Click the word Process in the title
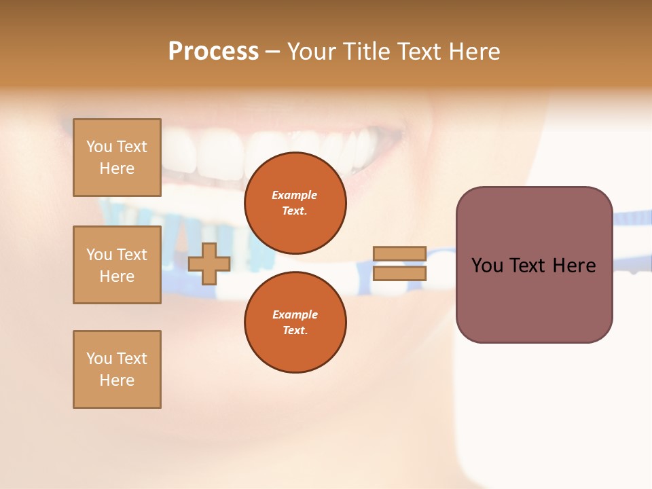[x=213, y=52]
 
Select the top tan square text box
[x=117, y=158]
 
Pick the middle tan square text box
[x=117, y=265]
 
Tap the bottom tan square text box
[x=117, y=369]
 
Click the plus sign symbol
[x=209, y=264]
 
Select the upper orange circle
[x=295, y=202]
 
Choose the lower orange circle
[x=295, y=322]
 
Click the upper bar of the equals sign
[x=400, y=253]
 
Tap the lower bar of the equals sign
[x=400, y=273]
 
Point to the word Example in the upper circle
[x=295, y=195]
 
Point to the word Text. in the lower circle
[x=295, y=330]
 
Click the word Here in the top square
[x=117, y=168]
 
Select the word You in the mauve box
[x=487, y=266]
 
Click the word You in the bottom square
[x=99, y=359]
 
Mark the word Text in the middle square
[x=132, y=255]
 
